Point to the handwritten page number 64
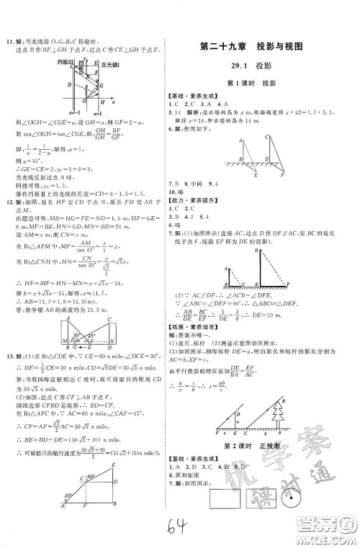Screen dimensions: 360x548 [176, 531]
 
